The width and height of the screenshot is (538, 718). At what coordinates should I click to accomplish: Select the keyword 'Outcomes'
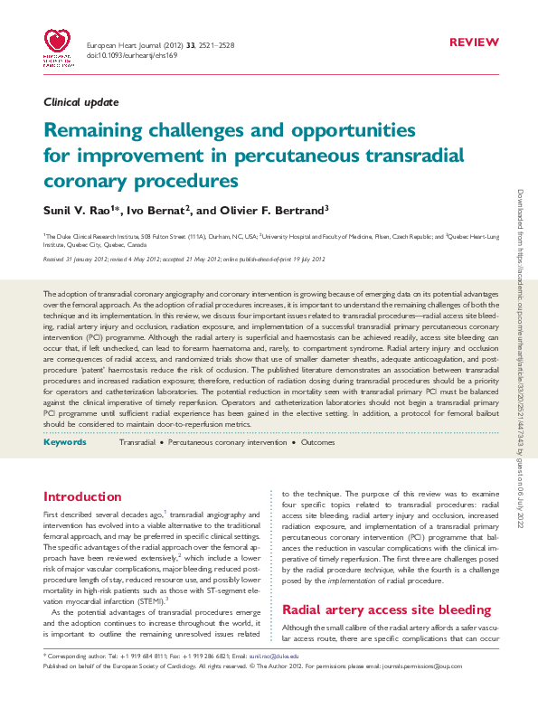(317, 444)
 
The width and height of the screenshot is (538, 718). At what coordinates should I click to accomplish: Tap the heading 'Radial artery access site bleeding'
(380, 609)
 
